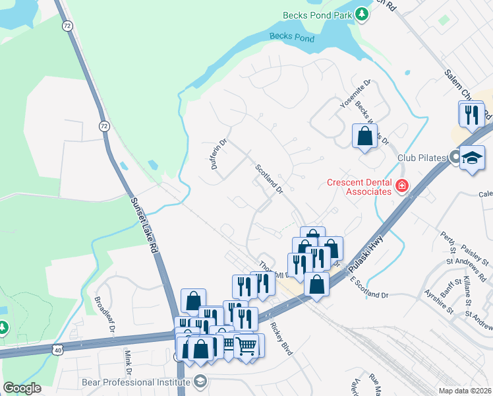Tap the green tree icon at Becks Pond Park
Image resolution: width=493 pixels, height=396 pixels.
click(x=361, y=14)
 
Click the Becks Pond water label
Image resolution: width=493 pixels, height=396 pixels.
click(x=292, y=38)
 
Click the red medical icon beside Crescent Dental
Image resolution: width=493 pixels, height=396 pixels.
click(x=401, y=187)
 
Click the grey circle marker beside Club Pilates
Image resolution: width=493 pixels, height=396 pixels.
click(x=454, y=157)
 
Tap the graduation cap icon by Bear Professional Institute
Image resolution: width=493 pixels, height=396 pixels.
click(x=200, y=381)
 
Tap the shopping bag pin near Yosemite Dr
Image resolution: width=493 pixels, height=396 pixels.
click(x=364, y=137)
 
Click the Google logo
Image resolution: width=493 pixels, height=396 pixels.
click(x=22, y=387)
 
